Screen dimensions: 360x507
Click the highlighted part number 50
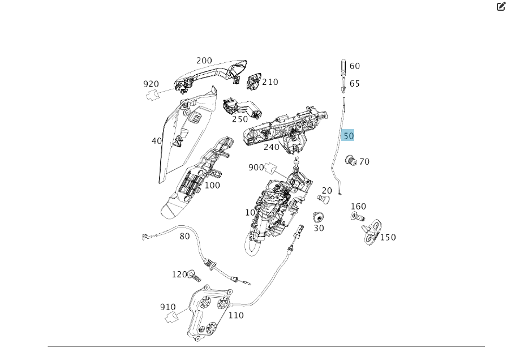(x=348, y=135)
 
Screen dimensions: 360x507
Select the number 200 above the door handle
(x=204, y=61)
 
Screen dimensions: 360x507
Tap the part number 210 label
(x=270, y=82)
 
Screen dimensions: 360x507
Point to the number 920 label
(x=151, y=84)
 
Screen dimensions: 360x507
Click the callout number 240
(x=271, y=147)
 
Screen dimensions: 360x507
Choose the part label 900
(x=256, y=168)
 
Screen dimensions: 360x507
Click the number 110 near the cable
(x=235, y=315)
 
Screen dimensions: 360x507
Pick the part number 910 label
(x=167, y=307)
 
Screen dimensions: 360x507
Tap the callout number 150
(x=388, y=237)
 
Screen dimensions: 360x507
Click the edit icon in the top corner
(x=501, y=7)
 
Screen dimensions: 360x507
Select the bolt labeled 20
(x=324, y=199)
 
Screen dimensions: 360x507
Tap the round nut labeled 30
(x=319, y=217)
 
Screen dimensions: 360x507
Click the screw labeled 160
(x=357, y=216)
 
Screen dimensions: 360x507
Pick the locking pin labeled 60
(x=343, y=66)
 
